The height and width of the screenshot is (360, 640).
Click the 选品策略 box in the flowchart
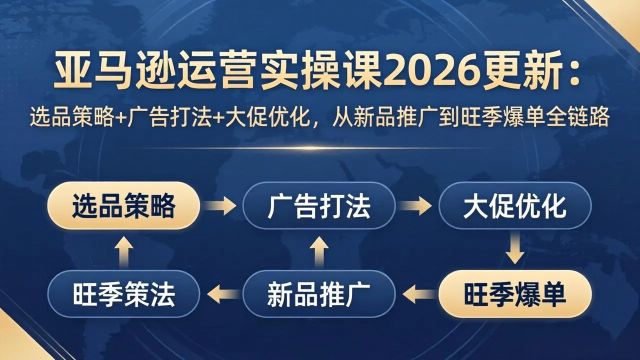click(x=123, y=205)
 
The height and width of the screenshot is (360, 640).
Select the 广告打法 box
click(x=319, y=205)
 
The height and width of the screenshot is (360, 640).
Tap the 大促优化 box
click(x=514, y=205)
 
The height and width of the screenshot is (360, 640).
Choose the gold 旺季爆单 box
click(x=514, y=294)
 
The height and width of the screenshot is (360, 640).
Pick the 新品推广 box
click(x=319, y=294)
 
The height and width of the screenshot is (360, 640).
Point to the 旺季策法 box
click(x=123, y=294)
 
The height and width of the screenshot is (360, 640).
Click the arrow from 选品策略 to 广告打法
click(x=221, y=205)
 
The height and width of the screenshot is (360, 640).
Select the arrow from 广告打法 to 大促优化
click(x=417, y=205)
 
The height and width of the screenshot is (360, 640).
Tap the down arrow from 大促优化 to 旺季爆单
click(x=514, y=250)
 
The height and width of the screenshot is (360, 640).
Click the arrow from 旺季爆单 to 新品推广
click(x=417, y=294)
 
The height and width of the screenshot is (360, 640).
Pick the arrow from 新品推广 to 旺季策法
click(x=221, y=294)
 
